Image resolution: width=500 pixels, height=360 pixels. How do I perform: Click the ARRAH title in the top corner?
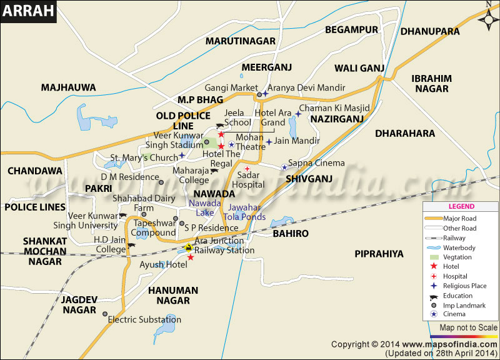(28, 12)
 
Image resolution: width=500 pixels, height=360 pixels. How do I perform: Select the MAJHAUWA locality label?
(68, 87)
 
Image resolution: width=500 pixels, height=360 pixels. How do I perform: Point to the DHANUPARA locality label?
(429, 31)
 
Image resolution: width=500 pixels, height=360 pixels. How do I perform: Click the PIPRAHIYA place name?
(379, 253)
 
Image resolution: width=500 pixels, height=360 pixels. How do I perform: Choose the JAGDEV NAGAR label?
(78, 305)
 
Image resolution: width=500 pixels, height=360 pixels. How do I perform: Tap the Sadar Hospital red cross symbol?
(247, 169)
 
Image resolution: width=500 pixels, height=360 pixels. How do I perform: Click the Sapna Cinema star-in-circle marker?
(284, 166)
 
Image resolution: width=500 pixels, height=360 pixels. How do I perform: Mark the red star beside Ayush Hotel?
(191, 257)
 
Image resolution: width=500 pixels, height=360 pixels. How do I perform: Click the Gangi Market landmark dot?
(259, 95)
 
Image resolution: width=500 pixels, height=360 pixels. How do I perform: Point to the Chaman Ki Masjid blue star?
(298, 114)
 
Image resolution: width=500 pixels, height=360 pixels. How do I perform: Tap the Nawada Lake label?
(205, 208)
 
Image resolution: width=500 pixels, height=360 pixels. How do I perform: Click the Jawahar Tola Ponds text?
(247, 212)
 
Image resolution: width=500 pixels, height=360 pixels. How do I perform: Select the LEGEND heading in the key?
(461, 207)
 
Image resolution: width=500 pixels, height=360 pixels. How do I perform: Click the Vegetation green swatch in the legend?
(434, 257)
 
